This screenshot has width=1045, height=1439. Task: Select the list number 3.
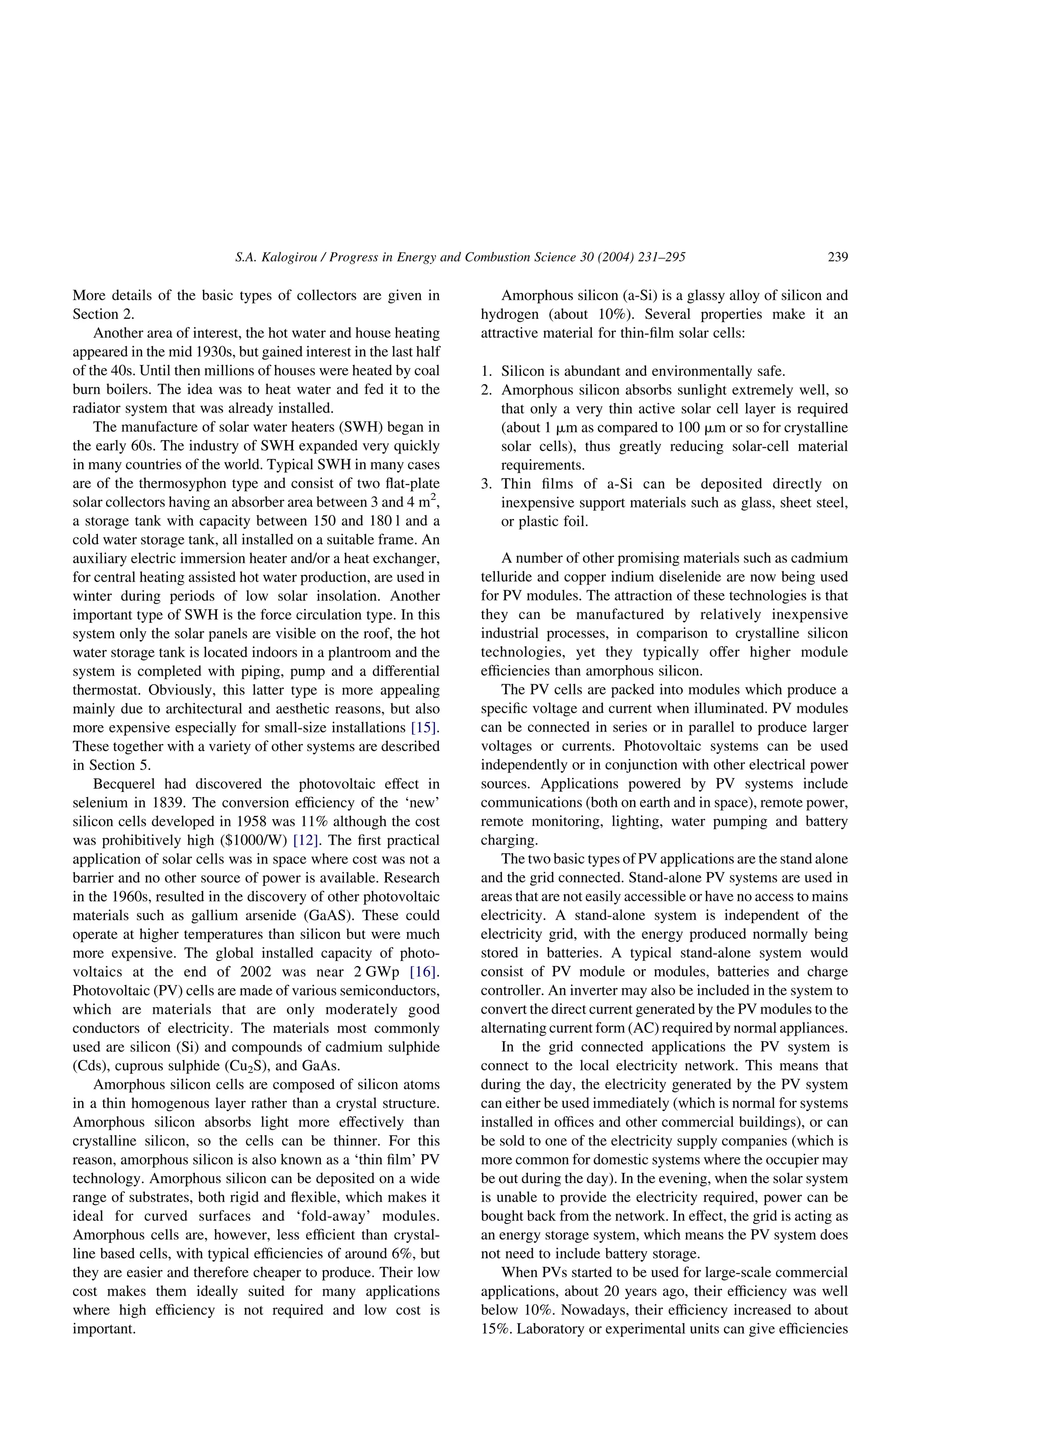(486, 484)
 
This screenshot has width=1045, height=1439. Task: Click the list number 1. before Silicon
(486, 371)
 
